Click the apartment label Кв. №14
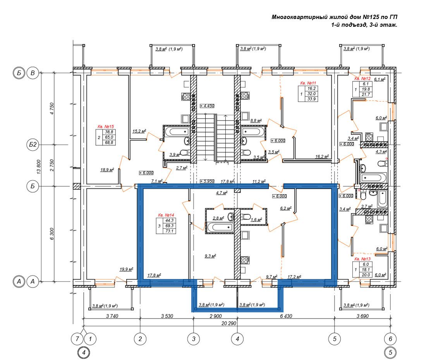(x=166, y=215)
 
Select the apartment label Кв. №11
(x=308, y=83)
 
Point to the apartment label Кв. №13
(x=362, y=259)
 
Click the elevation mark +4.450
(x=207, y=106)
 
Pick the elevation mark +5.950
(x=207, y=181)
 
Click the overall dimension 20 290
(x=229, y=323)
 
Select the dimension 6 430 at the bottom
(x=286, y=316)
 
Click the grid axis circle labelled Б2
(x=33, y=145)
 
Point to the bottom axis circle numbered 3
(x=194, y=339)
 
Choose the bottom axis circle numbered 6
(x=390, y=339)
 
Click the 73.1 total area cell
(x=169, y=231)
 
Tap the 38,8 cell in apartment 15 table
(x=109, y=132)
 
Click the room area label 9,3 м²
(x=210, y=256)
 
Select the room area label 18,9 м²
(x=107, y=170)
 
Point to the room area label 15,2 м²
(x=139, y=131)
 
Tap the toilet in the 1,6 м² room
(x=246, y=217)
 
